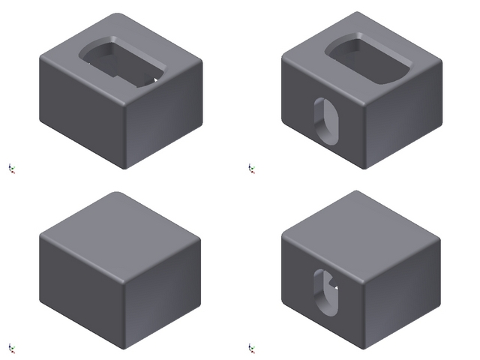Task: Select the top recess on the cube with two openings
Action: [367, 59]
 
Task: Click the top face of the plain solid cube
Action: [120, 232]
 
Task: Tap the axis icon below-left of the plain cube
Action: [11, 347]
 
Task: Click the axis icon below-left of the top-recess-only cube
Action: [11, 168]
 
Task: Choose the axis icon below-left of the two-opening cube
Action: [252, 168]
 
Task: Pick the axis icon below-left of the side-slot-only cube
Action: [252, 347]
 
